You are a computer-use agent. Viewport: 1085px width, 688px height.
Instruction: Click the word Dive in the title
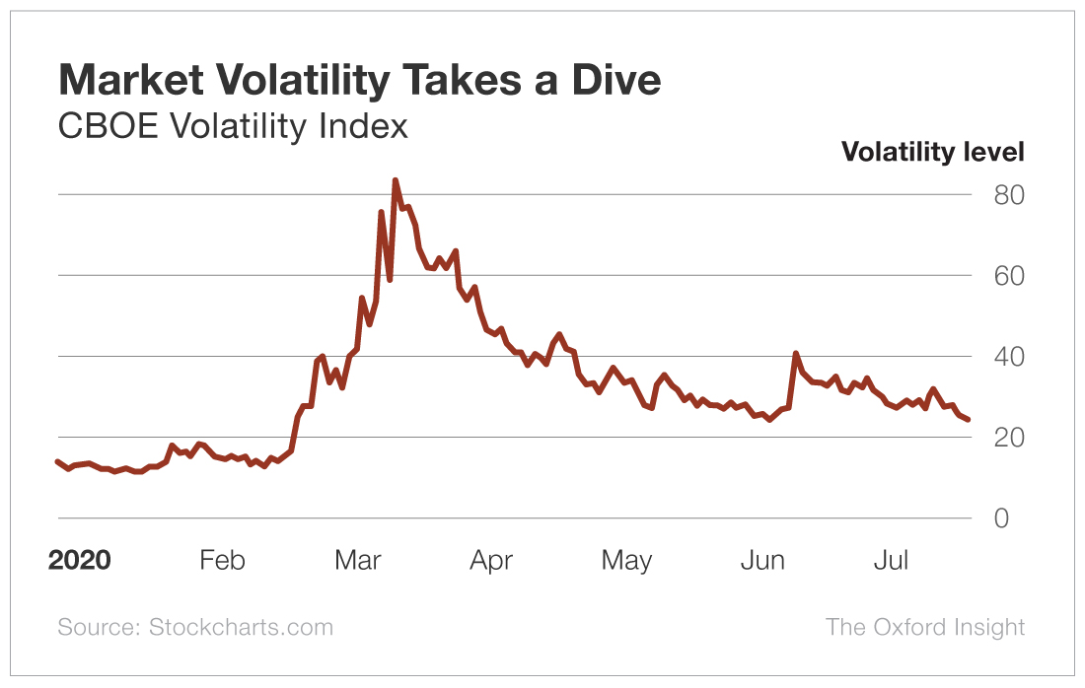click(613, 80)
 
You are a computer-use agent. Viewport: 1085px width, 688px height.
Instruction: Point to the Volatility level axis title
click(932, 152)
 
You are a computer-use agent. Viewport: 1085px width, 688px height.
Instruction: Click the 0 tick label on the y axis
click(1001, 518)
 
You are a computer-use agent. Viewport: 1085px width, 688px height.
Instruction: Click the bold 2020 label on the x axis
click(80, 561)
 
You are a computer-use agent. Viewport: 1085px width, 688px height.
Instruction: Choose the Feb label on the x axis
click(222, 561)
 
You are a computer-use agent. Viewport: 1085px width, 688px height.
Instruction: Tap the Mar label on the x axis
click(357, 561)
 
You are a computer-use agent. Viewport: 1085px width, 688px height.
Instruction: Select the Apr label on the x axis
click(491, 561)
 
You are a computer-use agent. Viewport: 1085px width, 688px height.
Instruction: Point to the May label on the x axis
click(626, 561)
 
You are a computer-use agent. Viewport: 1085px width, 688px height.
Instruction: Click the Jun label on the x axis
click(761, 561)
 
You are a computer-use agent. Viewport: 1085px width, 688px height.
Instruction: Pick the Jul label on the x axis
click(891, 561)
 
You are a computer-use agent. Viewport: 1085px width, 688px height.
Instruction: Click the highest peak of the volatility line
click(395, 181)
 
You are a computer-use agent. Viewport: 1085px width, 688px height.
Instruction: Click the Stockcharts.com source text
click(241, 627)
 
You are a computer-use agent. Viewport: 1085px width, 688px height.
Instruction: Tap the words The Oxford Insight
click(924, 627)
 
